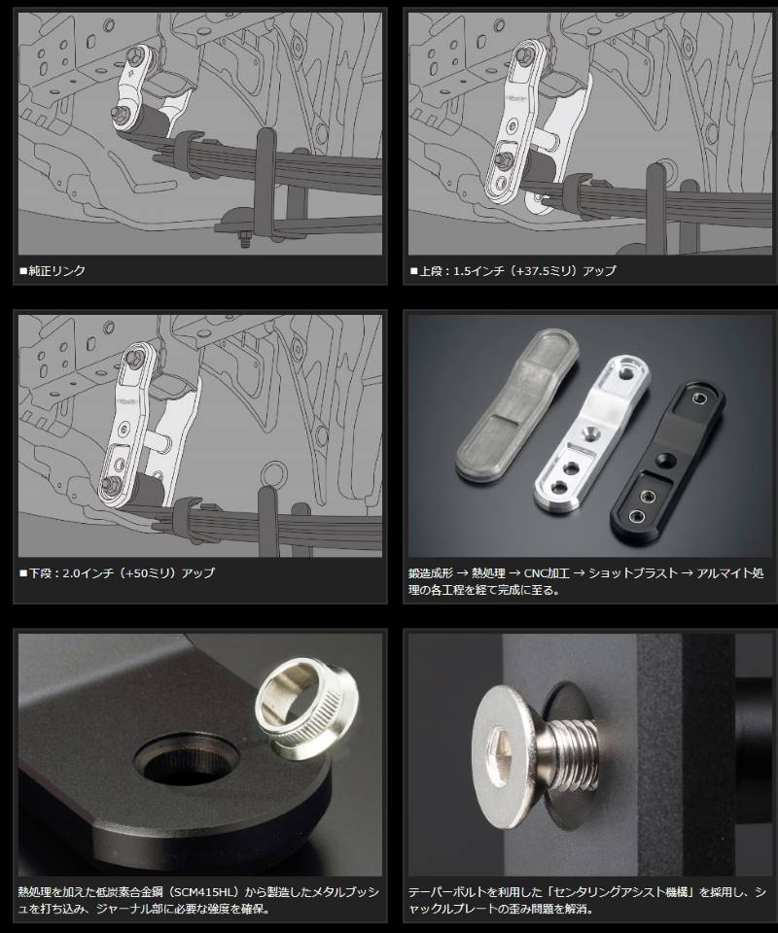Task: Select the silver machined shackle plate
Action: tap(591, 433)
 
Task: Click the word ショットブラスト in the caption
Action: tap(633, 573)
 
